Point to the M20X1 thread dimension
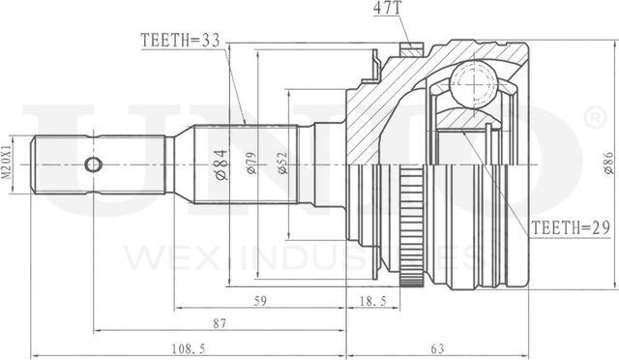pyautogui.click(x=8, y=164)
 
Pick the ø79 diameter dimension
pyautogui.click(x=250, y=164)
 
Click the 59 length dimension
pyautogui.click(x=259, y=301)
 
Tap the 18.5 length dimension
pyautogui.click(x=373, y=301)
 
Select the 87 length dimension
pyautogui.click(x=221, y=322)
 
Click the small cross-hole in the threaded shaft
pyautogui.click(x=93, y=164)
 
